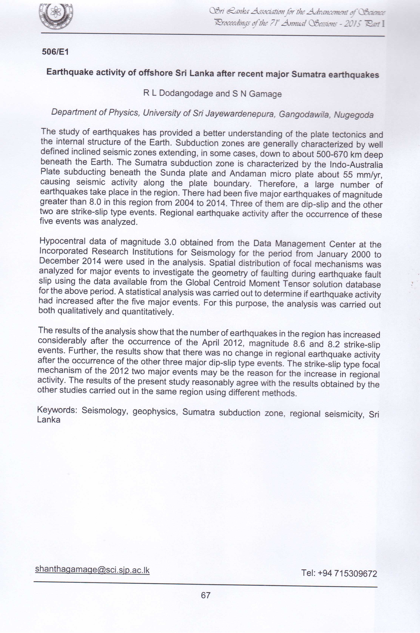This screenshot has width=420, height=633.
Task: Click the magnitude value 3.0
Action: [x=170, y=242]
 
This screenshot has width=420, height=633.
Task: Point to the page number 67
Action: [x=206, y=595]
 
